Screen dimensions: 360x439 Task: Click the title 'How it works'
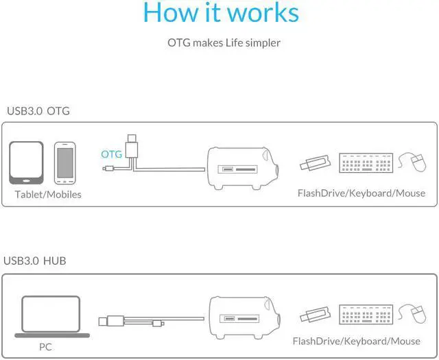[x=221, y=14]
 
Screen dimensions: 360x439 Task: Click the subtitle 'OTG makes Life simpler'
[x=224, y=43]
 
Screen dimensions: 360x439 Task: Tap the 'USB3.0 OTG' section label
[x=38, y=110]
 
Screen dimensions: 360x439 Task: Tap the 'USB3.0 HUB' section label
[x=35, y=261]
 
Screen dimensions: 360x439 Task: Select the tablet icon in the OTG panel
[x=27, y=163]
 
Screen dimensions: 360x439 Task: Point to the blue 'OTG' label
[x=111, y=154]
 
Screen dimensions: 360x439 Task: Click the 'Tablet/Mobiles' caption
[x=48, y=194]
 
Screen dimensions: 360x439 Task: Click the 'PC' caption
[x=46, y=346]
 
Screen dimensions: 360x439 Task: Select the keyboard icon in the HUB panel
[x=366, y=314]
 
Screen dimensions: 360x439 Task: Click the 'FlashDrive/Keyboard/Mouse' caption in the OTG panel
[x=361, y=193]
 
